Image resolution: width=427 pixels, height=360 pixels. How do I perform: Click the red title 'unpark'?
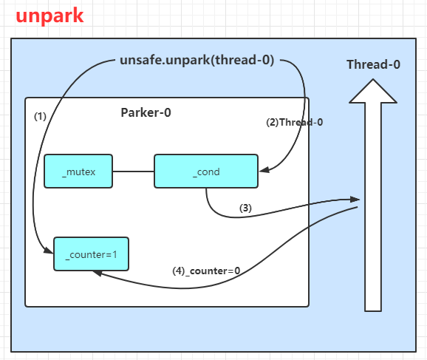click(x=49, y=16)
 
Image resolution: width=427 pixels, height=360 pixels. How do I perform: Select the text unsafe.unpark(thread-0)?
click(x=197, y=60)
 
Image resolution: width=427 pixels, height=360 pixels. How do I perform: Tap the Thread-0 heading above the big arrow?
click(x=373, y=64)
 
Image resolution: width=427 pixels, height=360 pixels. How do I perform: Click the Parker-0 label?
click(x=146, y=112)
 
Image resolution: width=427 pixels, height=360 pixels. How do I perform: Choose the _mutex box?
click(x=78, y=171)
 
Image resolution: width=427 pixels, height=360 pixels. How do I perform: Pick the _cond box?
click(x=206, y=171)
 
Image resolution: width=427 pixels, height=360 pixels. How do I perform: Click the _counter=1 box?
click(x=91, y=254)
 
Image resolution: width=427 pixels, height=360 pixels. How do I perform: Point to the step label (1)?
click(x=40, y=116)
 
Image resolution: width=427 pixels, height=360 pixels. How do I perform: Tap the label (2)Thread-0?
click(x=294, y=122)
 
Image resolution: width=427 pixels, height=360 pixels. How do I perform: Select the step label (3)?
click(x=245, y=208)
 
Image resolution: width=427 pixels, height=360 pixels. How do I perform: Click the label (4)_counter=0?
click(x=206, y=271)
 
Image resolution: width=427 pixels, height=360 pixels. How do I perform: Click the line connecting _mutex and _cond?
click(x=133, y=171)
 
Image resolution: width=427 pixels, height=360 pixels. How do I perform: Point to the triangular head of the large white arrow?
click(x=373, y=91)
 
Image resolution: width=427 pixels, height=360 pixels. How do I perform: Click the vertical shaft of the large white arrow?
click(x=373, y=207)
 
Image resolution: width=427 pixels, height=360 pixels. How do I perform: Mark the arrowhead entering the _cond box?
click(x=264, y=169)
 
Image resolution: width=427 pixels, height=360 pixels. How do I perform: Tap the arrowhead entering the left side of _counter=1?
click(x=49, y=250)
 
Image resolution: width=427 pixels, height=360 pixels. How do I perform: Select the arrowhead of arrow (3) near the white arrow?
click(x=355, y=200)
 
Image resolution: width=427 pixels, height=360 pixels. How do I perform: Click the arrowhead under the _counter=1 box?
click(x=98, y=273)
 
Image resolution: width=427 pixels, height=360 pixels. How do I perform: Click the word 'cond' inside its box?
click(x=208, y=172)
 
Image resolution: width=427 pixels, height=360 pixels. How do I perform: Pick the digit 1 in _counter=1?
click(x=115, y=254)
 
